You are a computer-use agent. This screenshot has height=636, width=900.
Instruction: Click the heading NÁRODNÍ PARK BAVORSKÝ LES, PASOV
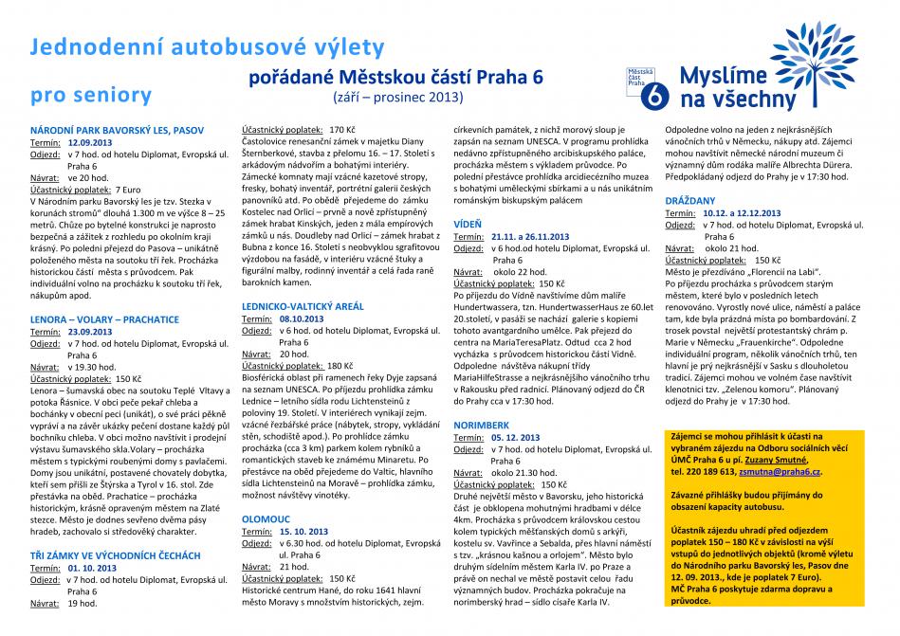pos(117,128)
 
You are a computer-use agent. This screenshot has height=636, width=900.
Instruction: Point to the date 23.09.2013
pos(90,332)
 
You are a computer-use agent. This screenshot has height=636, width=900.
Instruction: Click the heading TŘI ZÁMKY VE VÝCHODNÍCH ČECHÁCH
pos(115,554)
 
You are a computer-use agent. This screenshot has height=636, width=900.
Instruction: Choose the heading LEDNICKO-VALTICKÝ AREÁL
pos(303,308)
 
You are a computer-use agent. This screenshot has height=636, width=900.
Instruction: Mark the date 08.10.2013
pos(303,320)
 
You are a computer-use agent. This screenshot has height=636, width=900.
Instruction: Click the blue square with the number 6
pos(652,97)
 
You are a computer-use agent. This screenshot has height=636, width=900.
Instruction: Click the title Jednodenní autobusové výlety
pos(208,46)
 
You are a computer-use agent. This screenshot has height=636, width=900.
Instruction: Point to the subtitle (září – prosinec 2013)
pos(396,97)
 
